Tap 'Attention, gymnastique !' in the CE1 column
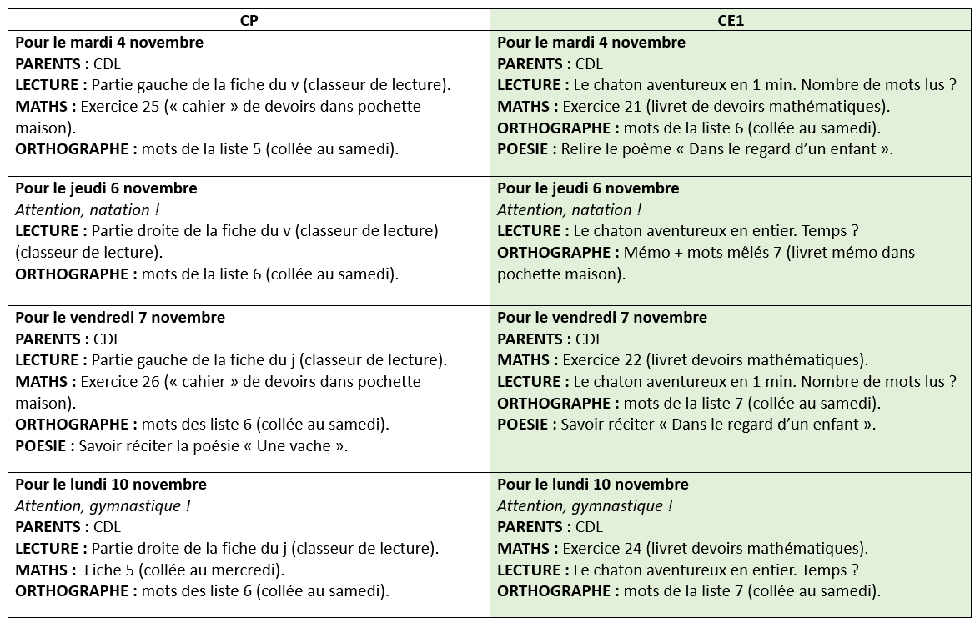point(585,506)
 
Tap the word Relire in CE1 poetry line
point(582,150)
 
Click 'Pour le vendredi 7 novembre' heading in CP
point(120,318)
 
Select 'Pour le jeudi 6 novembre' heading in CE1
point(588,188)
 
